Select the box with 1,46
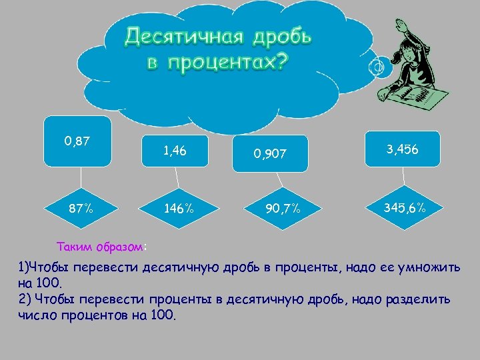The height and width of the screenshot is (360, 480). point(175,151)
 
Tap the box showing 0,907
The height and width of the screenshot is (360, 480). point(269,154)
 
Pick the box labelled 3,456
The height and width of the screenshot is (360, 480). point(402,149)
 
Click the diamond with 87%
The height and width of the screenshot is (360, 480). point(81,209)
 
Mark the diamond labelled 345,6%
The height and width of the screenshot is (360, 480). point(405,209)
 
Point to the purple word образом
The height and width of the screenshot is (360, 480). point(119,247)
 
